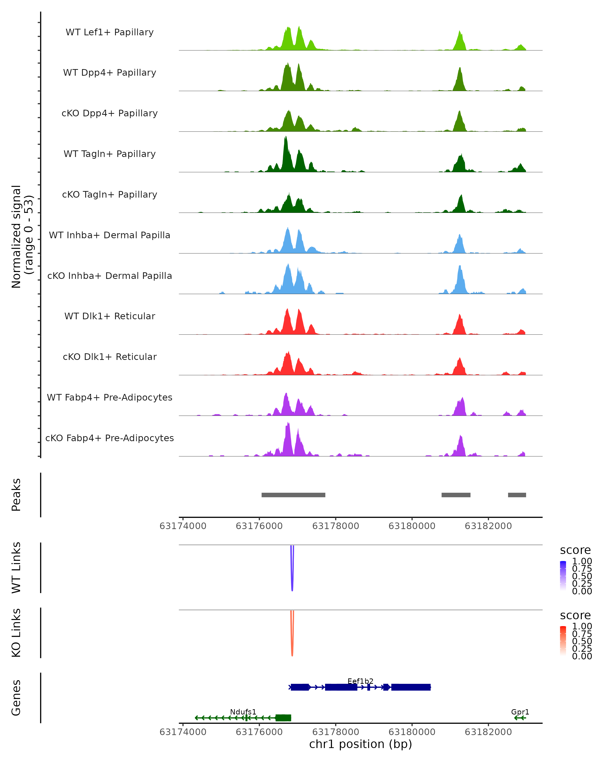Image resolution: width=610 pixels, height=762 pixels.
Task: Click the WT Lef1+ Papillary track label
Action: coord(110,32)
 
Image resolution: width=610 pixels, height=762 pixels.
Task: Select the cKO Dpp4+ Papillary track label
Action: coord(110,113)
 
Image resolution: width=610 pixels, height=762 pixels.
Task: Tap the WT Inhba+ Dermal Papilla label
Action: coord(110,235)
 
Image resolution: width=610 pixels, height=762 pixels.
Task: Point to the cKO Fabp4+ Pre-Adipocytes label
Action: coord(110,438)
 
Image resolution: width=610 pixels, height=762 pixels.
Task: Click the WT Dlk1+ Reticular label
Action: coord(110,316)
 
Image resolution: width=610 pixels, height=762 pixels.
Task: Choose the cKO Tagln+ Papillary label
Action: coord(110,194)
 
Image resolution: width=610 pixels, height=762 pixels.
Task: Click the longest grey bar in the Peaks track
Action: coord(293,495)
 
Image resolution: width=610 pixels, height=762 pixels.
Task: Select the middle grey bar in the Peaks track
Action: coord(456,495)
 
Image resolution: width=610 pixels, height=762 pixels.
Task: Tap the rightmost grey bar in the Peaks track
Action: coord(517,495)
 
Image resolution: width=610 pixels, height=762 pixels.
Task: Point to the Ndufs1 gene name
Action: coord(243,712)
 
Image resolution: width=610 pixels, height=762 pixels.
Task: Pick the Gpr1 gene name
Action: coord(520,712)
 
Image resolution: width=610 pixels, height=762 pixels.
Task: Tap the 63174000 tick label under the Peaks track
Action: coord(183,526)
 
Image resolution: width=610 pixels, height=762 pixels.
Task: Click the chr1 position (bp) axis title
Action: coord(360,744)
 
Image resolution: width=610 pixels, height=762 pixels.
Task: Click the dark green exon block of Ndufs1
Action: coord(283,718)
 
